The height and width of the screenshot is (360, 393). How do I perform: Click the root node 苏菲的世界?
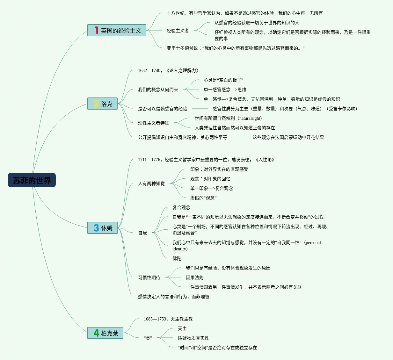pos(32,180)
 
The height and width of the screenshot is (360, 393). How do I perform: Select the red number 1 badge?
pos(96,30)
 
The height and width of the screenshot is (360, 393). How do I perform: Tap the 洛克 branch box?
pos(103,104)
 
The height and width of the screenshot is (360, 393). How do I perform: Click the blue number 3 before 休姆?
pos(96,228)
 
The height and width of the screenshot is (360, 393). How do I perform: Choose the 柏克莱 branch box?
pos(106,333)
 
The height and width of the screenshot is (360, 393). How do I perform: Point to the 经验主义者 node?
pos(178,31)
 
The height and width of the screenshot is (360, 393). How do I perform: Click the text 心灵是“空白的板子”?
pos(223,80)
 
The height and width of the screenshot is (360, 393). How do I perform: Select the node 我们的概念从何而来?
pos(158,90)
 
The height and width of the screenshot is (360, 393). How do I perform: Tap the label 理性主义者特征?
pos(153,123)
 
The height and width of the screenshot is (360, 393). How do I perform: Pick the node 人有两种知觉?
pos(151,184)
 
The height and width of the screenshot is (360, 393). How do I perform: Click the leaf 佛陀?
pos(177,258)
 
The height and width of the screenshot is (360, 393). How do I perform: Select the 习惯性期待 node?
pos(149,277)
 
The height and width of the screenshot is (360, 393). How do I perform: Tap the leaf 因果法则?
pos(194,277)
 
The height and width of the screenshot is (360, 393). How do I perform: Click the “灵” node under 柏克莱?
pos(148,338)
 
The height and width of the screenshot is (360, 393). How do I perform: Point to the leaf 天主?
pos(182,328)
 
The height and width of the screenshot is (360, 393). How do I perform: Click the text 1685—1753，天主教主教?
pos(168,319)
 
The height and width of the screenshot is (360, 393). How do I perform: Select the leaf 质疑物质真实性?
pos(193,338)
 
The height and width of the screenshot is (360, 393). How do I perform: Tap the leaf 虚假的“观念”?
pos(203,198)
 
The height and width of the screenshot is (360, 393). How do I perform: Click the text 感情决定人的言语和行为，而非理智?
pos(173,297)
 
